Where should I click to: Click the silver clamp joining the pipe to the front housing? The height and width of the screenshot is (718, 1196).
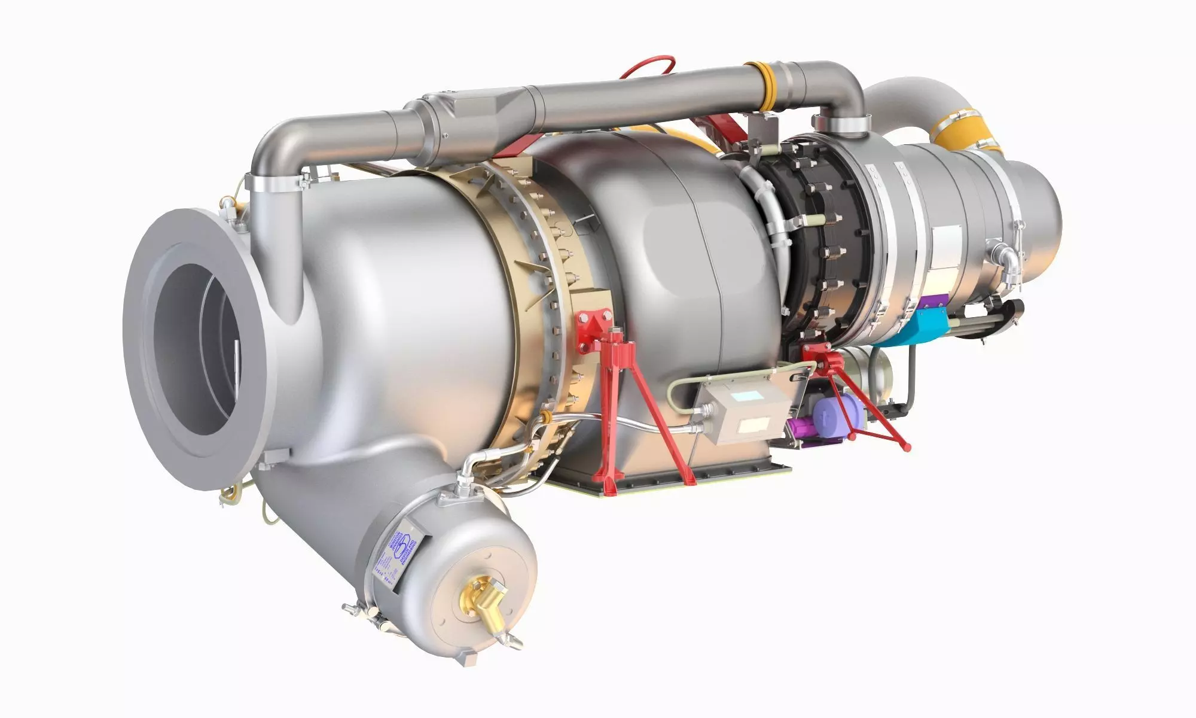point(278,180)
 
